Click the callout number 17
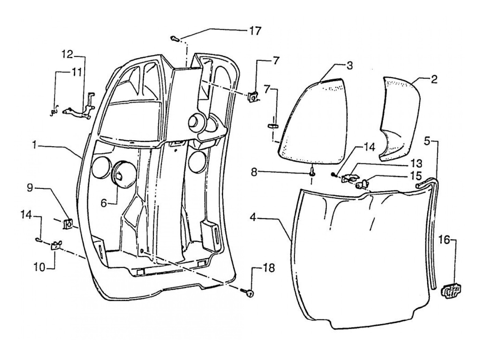[x=255, y=31]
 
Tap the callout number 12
[x=67, y=54]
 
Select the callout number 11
[x=76, y=72]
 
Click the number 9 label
[x=30, y=188]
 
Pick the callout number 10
[x=39, y=268]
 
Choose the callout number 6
[x=104, y=203]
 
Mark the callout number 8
[x=254, y=172]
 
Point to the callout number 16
[x=444, y=240]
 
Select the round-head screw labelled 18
[x=247, y=292]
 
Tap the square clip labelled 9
[x=67, y=223]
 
